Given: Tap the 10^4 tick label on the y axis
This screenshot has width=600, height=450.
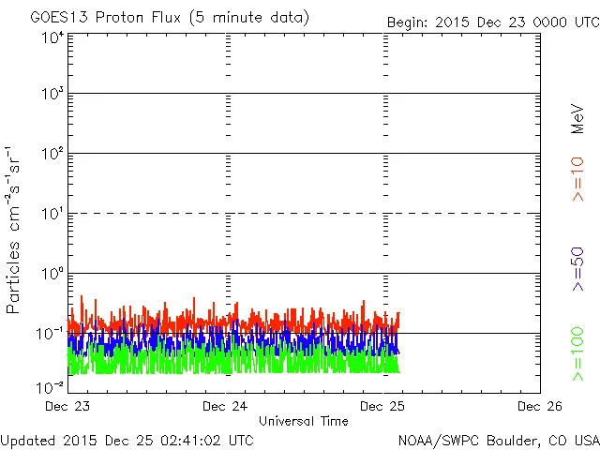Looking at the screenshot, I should pyautogui.click(x=52, y=37).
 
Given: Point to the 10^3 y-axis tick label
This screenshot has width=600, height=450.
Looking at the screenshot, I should pyautogui.click(x=52, y=95).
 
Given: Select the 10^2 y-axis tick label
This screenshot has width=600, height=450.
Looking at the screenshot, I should pyautogui.click(x=52, y=155).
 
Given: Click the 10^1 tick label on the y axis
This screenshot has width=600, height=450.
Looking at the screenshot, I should pyautogui.click(x=52, y=215).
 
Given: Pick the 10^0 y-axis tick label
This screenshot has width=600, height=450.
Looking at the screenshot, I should pyautogui.click(x=52, y=275).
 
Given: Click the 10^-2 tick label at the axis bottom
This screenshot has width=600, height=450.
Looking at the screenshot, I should pyautogui.click(x=51, y=385).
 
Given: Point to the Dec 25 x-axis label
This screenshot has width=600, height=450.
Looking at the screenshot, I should pyautogui.click(x=384, y=407).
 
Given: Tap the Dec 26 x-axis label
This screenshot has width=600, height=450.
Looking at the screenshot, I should pyautogui.click(x=540, y=407).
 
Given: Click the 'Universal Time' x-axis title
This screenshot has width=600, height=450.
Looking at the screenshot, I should pyautogui.click(x=304, y=421).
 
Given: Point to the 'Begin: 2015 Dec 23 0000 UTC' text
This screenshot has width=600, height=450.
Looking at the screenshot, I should pyautogui.click(x=492, y=22).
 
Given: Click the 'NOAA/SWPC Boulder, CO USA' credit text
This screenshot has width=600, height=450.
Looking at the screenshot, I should pyautogui.click(x=498, y=439).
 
